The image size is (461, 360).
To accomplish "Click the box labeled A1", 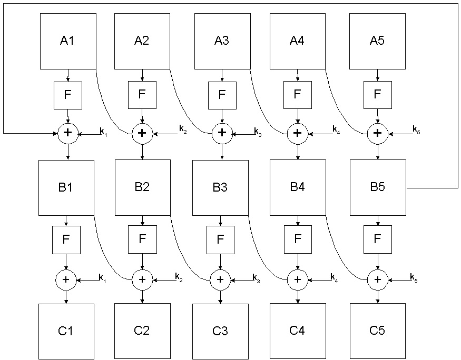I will (68, 41).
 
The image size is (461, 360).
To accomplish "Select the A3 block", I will (222, 41).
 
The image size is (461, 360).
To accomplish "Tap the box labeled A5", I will (377, 41).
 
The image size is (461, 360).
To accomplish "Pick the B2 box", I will (142, 187).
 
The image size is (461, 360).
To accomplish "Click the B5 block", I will (378, 187).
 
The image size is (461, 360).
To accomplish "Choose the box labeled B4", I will (298, 187).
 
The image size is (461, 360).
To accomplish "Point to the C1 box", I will (66, 331).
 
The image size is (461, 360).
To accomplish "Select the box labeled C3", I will (220, 331).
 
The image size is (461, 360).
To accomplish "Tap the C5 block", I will (378, 331).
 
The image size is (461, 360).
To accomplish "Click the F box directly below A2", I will (141, 95).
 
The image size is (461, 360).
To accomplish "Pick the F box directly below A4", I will (297, 95).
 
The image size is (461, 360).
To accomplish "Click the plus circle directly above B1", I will (67, 134).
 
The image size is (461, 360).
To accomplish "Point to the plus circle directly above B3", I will (222, 134).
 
